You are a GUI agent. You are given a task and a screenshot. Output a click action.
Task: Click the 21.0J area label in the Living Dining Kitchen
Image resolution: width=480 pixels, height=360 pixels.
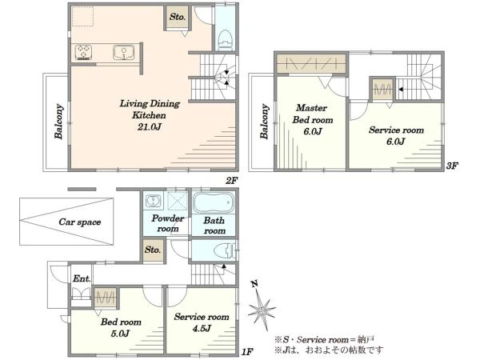coord(149,126)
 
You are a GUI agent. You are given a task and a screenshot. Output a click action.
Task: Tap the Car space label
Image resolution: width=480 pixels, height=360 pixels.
coord(79,222)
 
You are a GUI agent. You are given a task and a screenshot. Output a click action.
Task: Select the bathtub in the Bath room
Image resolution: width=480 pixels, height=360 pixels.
coord(214,202)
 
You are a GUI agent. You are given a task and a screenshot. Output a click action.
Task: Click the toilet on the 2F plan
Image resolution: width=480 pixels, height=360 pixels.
coord(226,40)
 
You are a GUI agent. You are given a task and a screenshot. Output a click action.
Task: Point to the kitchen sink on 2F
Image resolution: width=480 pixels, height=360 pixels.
coord(123,52)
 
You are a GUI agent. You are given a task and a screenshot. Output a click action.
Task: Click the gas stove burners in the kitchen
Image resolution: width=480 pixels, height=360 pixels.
coord(83,52)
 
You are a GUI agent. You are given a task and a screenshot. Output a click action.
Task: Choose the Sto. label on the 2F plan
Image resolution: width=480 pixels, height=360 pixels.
coord(178,17)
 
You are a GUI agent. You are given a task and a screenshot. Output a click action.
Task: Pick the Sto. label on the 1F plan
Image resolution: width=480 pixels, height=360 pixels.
coord(153,250)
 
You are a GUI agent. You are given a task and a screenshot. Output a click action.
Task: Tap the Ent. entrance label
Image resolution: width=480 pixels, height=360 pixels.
coord(82,278)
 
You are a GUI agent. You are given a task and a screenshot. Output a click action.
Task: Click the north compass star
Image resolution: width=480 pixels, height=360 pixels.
coord(261,310)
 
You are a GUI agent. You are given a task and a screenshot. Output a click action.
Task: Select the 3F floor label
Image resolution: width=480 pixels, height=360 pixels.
coord(452,166)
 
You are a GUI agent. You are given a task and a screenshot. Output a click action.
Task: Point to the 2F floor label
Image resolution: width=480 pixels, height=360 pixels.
coord(232,181)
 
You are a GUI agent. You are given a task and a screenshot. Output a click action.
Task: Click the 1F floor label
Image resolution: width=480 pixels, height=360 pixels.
coord(247,352)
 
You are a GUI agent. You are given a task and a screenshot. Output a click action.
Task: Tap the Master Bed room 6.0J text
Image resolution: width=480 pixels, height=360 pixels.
coord(313,120)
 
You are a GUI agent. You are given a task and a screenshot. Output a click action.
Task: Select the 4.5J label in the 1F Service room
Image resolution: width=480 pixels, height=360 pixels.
coord(202,329)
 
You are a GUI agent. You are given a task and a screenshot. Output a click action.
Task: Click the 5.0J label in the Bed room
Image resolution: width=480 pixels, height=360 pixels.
coord(120,334)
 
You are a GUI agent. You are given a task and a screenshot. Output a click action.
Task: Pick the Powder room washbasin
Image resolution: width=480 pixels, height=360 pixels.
coord(153,201)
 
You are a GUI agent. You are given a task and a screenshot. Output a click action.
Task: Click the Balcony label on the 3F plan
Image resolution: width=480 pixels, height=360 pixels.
coord(265,122)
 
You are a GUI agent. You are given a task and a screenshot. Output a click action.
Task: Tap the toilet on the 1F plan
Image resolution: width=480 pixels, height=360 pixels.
coord(224,251)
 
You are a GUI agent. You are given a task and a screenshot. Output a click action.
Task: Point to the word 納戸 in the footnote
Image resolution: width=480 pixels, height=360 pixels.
coord(366,340)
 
